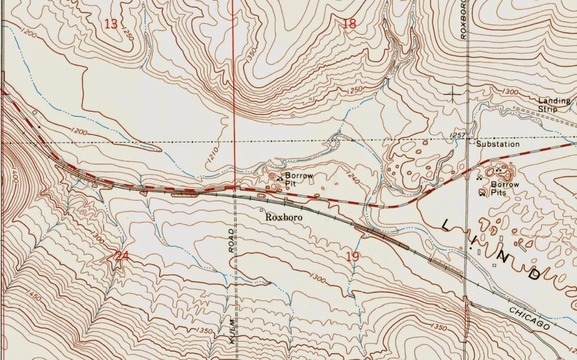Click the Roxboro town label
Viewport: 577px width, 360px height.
(284, 217)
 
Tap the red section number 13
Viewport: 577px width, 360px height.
(111, 24)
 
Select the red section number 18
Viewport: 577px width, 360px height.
(349, 23)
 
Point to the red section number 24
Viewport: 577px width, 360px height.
(121, 256)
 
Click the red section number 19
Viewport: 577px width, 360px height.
(353, 256)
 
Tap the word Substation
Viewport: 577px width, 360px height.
(498, 144)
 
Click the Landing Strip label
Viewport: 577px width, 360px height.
(554, 105)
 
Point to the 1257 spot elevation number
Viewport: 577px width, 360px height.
(458, 136)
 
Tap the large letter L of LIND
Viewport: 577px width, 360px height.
(446, 225)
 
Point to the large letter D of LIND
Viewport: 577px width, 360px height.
(534, 273)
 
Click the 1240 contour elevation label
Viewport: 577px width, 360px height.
(353, 180)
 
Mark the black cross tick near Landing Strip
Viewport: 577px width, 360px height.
(452, 95)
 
